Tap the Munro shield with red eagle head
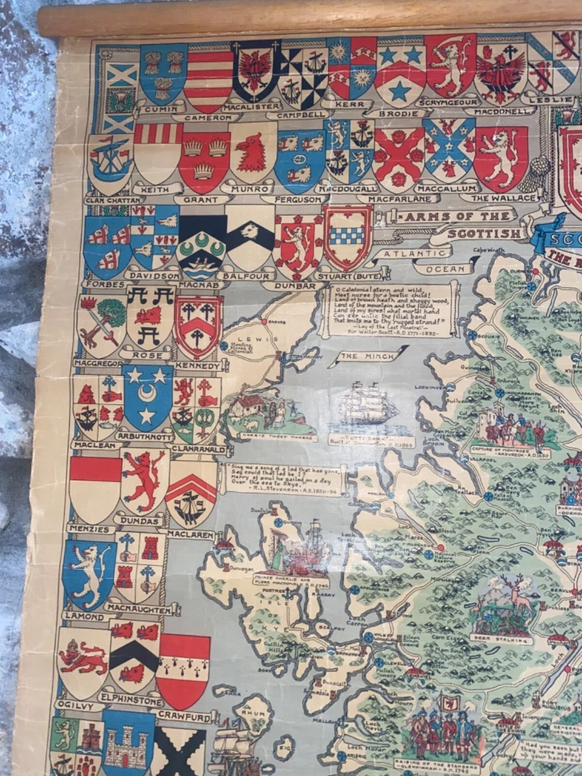tap(253, 154)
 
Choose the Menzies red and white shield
tap(95, 488)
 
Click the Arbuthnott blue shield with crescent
tap(147, 396)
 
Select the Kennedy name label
tap(197, 365)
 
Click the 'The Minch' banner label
tap(359, 356)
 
